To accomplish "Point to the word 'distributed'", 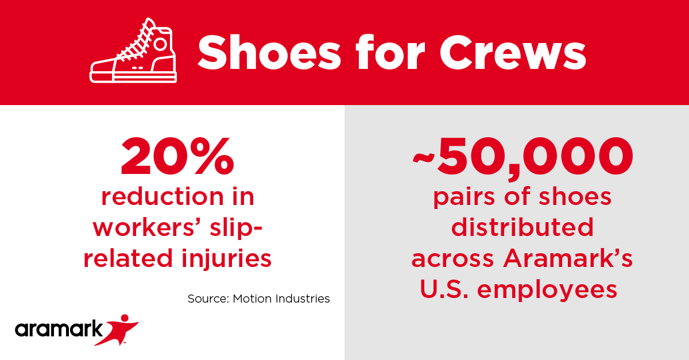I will tap(522, 227).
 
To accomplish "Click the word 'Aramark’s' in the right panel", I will tap(568, 258).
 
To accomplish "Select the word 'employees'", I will tap(548, 289).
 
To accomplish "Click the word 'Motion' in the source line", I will tap(252, 299).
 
